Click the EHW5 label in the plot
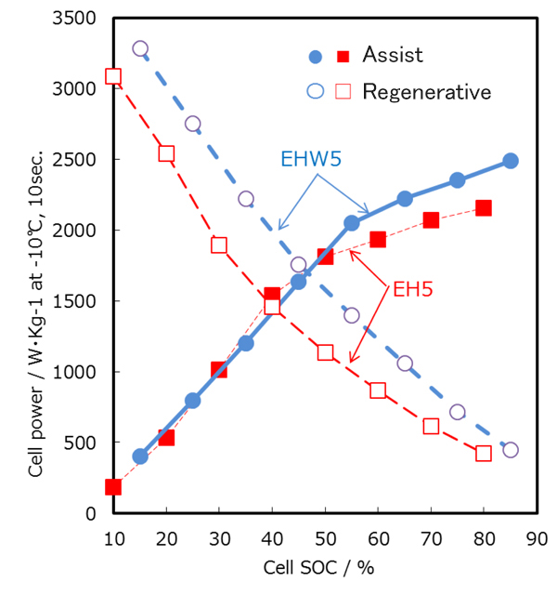pos(310,159)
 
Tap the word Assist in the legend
pos(393,55)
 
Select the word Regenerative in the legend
pos(427,91)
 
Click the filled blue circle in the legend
pos(316,56)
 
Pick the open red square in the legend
pos(343,91)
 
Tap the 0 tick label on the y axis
pos(90,513)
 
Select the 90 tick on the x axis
pos(536,537)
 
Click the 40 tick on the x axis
pos(272,537)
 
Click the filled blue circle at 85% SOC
pos(510,161)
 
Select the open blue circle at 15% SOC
pos(140,48)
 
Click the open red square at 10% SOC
pos(113,76)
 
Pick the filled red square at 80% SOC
pos(483,208)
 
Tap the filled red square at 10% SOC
pos(113,487)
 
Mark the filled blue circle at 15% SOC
pos(140,456)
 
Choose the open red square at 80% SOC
pos(483,454)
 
